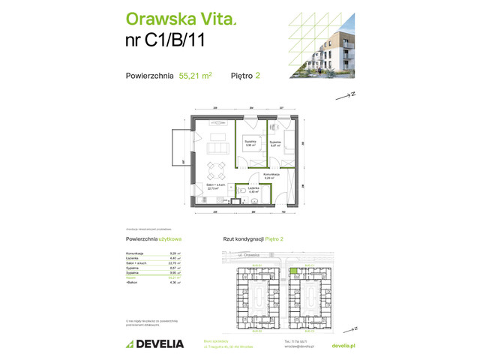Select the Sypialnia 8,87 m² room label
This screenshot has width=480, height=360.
275,143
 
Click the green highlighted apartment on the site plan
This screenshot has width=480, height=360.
294,271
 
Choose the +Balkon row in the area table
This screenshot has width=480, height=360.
150,282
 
